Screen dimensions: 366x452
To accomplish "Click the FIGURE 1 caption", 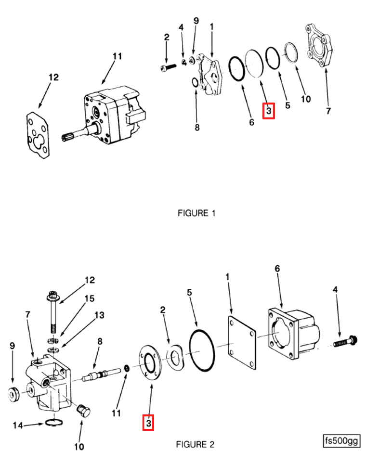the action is coord(196,213).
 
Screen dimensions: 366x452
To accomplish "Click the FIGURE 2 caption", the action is coord(195,444).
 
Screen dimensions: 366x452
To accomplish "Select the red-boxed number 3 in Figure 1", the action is coord(269,111).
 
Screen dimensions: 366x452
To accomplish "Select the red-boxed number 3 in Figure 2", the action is coord(148,423).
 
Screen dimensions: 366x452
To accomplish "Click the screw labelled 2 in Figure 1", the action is coord(168,67).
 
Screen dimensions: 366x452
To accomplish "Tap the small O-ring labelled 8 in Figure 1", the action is coord(195,82).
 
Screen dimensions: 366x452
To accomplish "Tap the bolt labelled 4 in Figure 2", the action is coord(345,342).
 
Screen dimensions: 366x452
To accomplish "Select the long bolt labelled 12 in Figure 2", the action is coord(53,312).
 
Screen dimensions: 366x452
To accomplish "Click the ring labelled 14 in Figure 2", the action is coord(54,423).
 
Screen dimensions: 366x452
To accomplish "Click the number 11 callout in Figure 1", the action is coord(117,56).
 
